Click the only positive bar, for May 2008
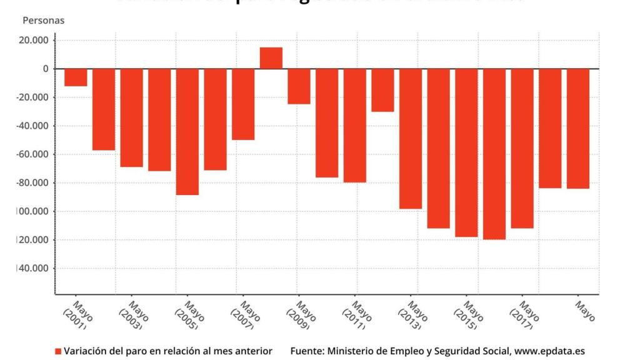point(271,58)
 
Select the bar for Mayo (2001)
point(76,77)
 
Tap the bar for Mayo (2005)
point(187,132)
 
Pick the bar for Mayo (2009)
point(299,86)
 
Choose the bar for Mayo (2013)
point(411,139)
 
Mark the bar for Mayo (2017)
point(522,148)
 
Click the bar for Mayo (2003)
point(131,117)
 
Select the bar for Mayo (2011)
point(354,126)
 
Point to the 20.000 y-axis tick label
point(37,41)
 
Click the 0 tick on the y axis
point(46,69)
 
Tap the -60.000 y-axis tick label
point(36,154)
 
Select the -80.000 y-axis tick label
point(36,183)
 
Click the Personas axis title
point(44,21)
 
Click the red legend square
point(59,351)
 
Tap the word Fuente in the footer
point(306,351)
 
